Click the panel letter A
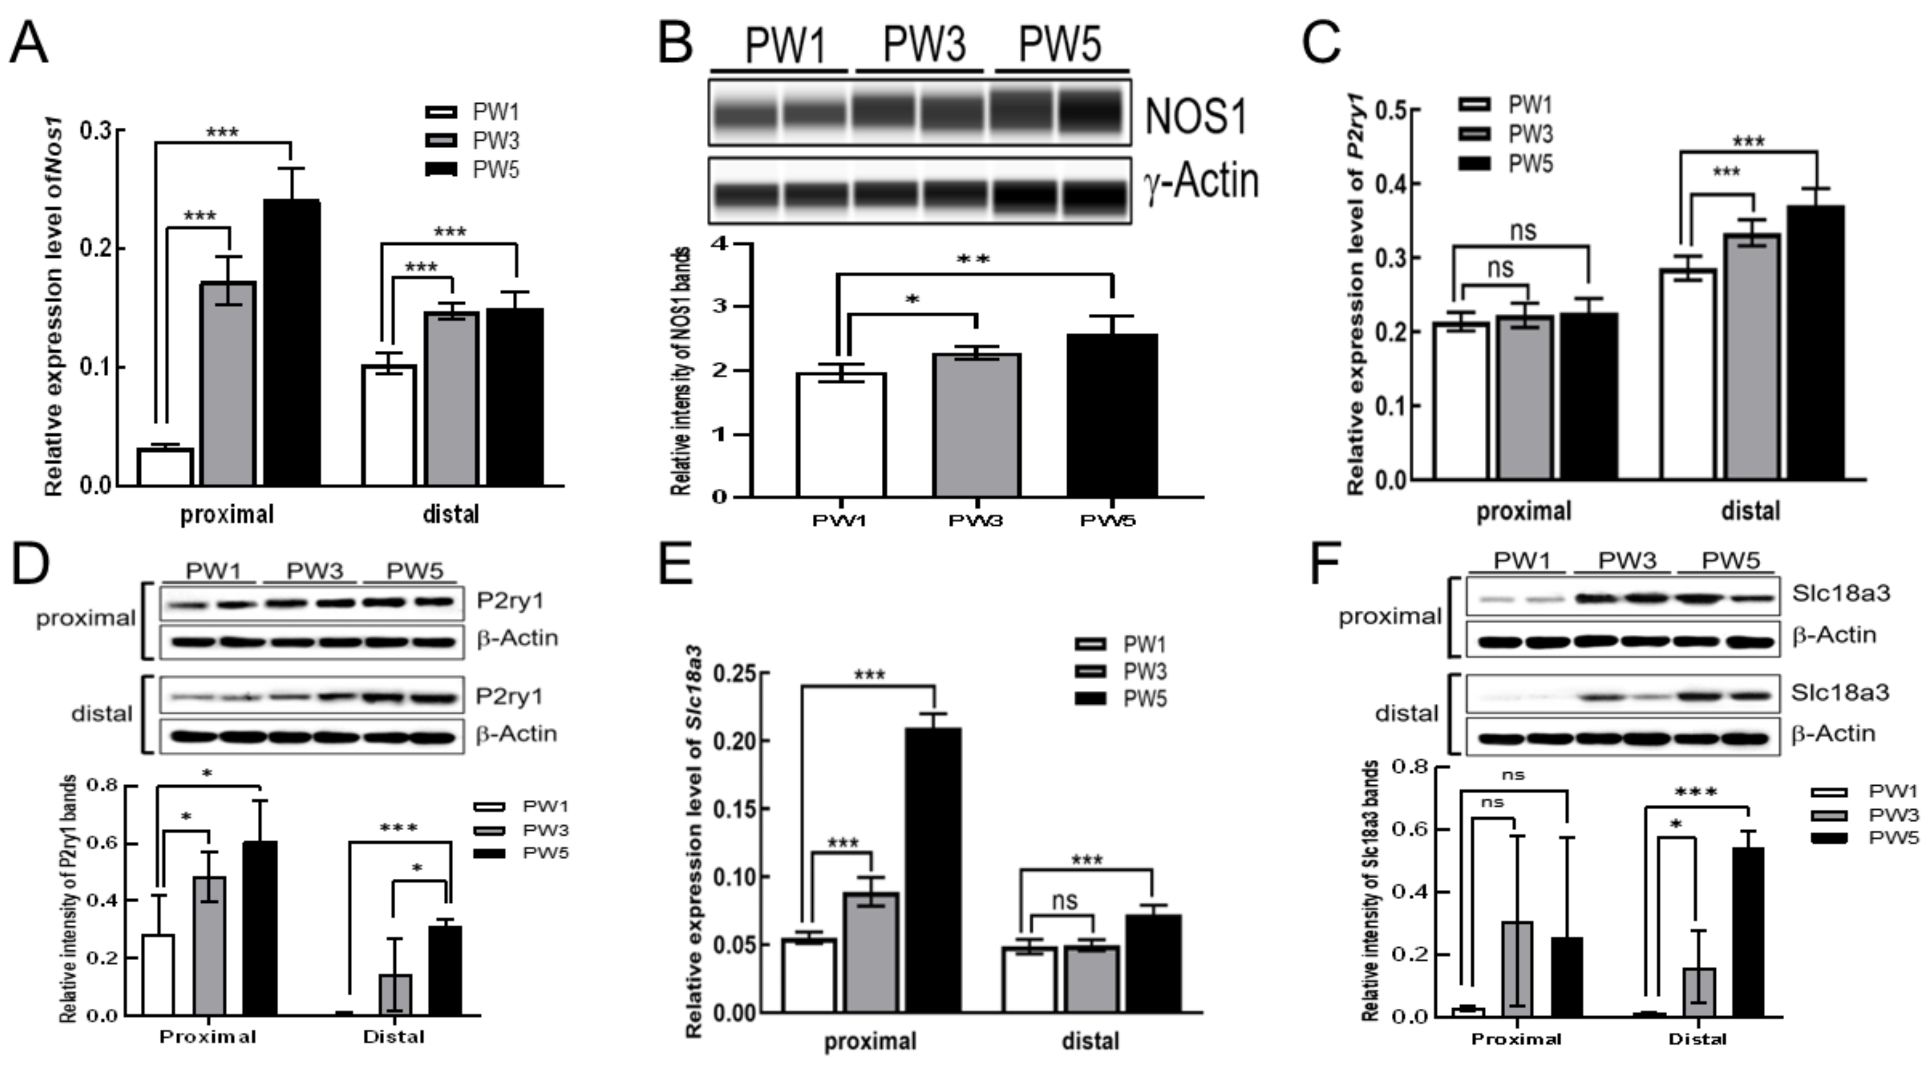click(x=29, y=43)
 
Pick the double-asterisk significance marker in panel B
click(x=973, y=260)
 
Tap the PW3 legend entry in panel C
click(x=1529, y=134)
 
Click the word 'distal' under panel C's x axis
click(x=1750, y=511)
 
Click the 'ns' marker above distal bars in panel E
click(x=1064, y=900)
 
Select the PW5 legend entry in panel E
click(x=1144, y=699)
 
